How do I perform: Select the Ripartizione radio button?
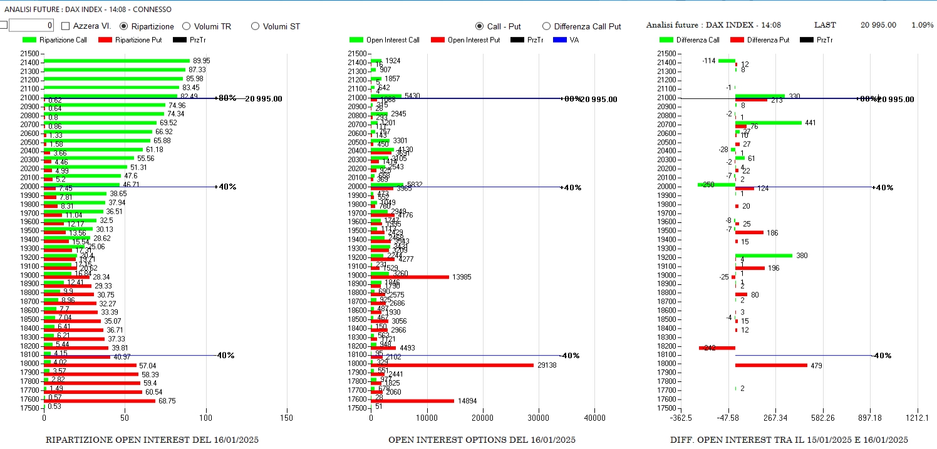click(x=123, y=26)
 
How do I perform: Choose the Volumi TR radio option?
click(x=186, y=26)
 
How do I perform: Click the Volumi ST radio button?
click(x=255, y=26)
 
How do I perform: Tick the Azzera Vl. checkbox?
click(x=66, y=26)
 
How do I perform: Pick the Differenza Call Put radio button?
click(x=546, y=26)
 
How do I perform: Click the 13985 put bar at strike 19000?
click(x=410, y=277)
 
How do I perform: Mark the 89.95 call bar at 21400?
click(x=116, y=61)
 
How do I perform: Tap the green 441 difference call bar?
click(x=768, y=123)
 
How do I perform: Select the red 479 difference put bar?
click(x=770, y=365)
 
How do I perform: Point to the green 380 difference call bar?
click(x=763, y=255)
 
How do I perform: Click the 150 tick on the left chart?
click(x=286, y=418)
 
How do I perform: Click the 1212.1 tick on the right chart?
click(x=918, y=418)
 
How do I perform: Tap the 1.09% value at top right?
click(x=922, y=25)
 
